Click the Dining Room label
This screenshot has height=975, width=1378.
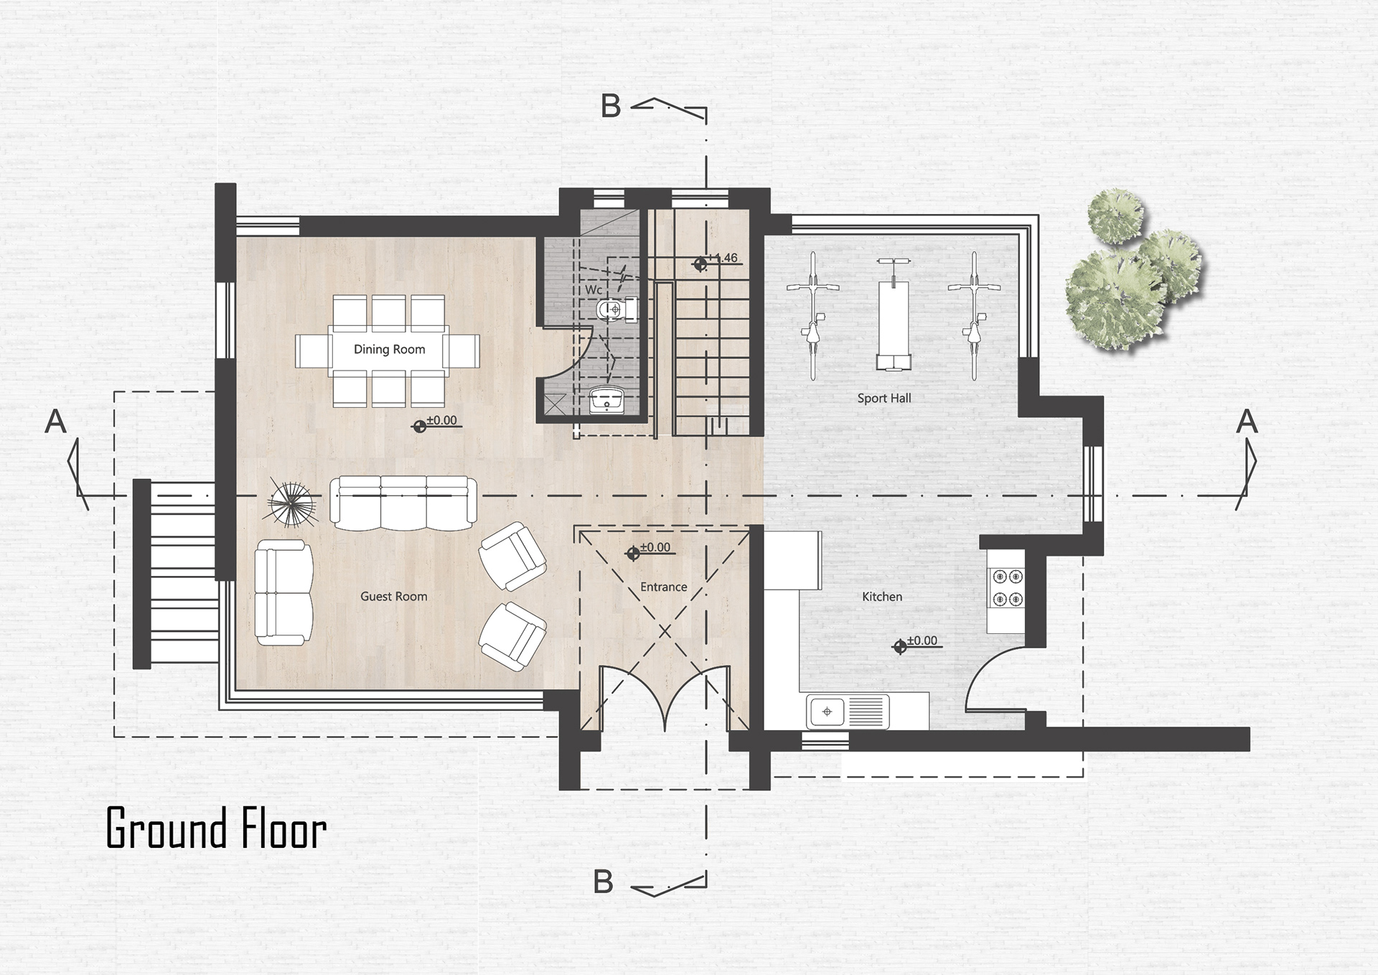[389, 350]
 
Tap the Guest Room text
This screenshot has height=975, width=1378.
[393, 597]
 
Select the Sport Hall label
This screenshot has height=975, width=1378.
[884, 398]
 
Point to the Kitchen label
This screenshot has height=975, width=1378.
[882, 597]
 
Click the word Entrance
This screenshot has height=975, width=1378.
[663, 587]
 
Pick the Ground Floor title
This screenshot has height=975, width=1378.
[216, 828]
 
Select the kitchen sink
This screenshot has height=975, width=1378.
[848, 712]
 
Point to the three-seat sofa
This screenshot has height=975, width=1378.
[403, 503]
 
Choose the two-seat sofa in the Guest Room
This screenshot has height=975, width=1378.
[283, 592]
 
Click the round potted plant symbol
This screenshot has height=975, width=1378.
[292, 503]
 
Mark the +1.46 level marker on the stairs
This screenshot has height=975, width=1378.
[718, 261]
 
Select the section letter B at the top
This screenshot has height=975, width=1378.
[610, 106]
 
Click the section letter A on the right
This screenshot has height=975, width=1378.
[1247, 421]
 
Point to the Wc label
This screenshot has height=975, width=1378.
[594, 290]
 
